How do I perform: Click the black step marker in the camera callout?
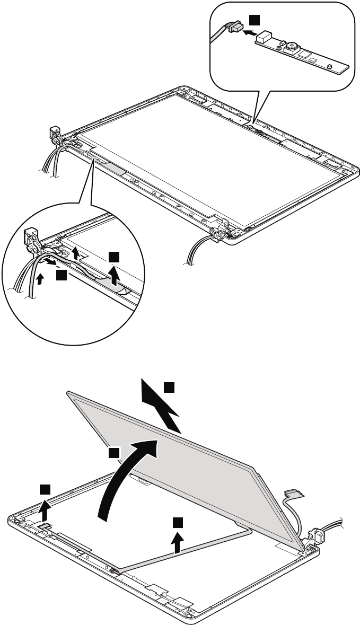click(255, 20)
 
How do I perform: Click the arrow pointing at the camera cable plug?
click(250, 33)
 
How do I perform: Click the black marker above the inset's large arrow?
click(113, 257)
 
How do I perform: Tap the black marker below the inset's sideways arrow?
click(62, 275)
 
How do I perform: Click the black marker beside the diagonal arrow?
click(169, 387)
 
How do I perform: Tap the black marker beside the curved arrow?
click(113, 452)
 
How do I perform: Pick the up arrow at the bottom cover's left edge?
click(47, 506)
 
